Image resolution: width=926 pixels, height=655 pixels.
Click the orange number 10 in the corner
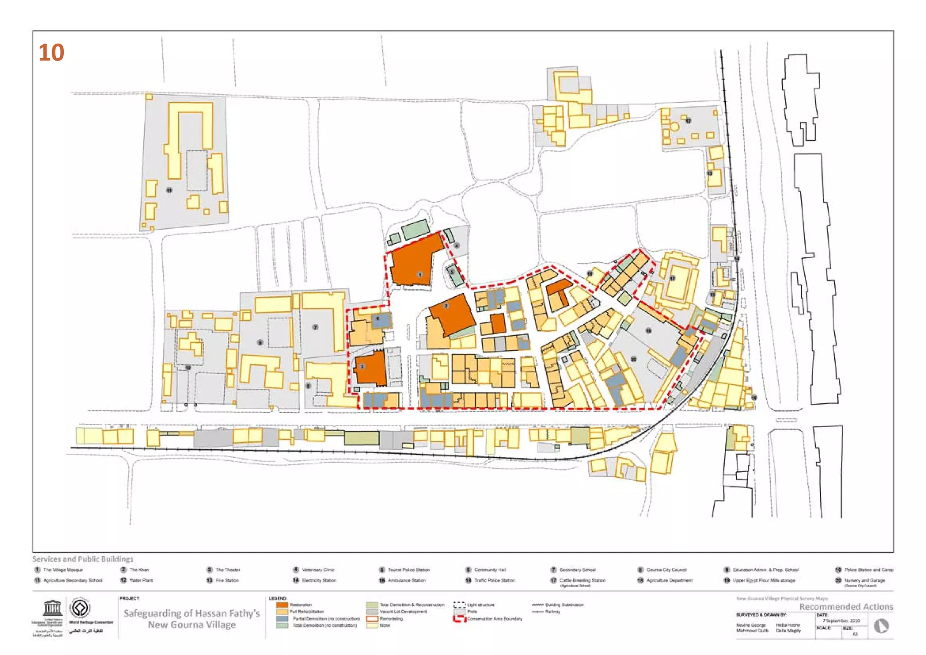[51, 53]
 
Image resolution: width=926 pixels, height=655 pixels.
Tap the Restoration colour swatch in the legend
[282, 605]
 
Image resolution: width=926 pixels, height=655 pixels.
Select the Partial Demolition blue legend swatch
[282, 618]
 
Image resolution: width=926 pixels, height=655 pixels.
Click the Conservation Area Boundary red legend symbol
[459, 619]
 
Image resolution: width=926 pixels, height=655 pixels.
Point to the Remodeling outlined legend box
[372, 618]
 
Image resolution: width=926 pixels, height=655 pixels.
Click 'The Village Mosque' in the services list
[63, 570]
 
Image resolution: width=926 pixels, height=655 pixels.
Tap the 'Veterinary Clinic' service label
[318, 570]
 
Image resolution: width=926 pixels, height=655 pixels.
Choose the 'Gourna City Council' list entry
[666, 570]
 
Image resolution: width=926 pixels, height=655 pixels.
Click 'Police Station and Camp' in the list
[869, 570]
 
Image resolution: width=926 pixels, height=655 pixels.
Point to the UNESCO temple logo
[52, 608]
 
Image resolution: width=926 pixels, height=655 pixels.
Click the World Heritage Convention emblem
[80, 608]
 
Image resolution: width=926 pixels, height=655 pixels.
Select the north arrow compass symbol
[881, 626]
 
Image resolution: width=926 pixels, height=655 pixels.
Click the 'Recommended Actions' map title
[846, 607]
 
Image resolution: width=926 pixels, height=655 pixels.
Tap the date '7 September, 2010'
[841, 621]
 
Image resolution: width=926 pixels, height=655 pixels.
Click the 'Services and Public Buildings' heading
[83, 559]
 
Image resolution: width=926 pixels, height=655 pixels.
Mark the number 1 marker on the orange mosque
[420, 275]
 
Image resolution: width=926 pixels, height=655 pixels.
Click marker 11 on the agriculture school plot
[169, 190]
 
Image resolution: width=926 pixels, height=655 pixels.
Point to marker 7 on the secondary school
[316, 327]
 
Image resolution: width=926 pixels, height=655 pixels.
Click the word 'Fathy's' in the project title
[244, 613]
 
